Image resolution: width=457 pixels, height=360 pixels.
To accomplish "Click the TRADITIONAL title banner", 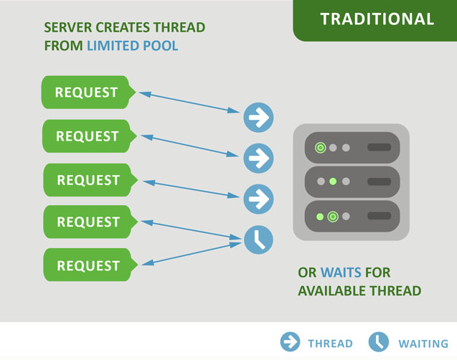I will click(x=376, y=19).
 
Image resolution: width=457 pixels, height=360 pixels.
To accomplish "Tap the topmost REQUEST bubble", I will click(x=86, y=93).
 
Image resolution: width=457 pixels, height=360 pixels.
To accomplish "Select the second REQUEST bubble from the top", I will click(x=87, y=136).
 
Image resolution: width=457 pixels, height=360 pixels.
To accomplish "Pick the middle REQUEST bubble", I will click(x=88, y=180).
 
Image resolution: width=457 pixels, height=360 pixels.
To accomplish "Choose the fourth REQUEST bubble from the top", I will click(x=88, y=222).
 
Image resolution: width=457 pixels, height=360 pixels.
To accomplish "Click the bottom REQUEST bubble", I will click(x=88, y=265).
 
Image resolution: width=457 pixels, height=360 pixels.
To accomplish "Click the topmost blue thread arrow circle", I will click(x=258, y=117).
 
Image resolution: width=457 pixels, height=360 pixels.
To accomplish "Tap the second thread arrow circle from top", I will click(x=258, y=158).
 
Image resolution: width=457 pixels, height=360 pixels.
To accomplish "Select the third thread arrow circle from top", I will click(x=258, y=199).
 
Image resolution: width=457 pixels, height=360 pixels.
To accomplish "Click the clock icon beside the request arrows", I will click(x=258, y=240).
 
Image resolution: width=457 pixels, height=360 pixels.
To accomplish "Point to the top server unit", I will click(x=352, y=148).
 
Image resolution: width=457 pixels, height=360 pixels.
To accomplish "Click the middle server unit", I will click(x=352, y=181).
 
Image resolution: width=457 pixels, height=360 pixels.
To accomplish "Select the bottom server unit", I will click(x=352, y=216).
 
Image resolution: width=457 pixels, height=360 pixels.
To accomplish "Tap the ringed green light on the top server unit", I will click(x=321, y=148).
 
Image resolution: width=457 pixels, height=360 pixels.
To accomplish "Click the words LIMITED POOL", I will click(x=132, y=46).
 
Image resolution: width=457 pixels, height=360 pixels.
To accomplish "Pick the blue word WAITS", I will click(x=341, y=273).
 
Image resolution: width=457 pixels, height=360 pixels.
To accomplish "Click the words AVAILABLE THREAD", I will click(x=359, y=291).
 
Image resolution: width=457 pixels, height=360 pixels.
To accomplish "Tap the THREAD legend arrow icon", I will click(x=290, y=342).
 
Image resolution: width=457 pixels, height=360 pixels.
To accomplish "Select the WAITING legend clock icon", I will click(x=379, y=342).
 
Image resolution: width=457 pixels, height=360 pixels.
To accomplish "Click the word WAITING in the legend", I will click(x=423, y=344).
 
